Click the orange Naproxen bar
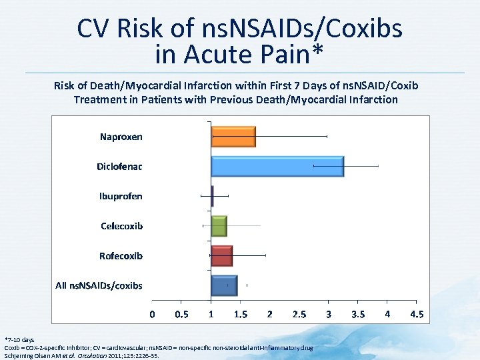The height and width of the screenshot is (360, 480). coord(233,136)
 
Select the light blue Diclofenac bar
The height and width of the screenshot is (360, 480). coord(277,166)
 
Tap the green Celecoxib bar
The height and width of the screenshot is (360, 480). coord(219,226)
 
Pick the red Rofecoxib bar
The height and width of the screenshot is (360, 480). coord(222,255)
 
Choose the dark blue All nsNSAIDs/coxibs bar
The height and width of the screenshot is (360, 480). coord(224,285)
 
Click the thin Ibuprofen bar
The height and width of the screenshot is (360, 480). coord(212,196)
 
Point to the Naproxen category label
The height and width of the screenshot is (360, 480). coord(121,137)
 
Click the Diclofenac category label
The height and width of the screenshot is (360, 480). coord(119,166)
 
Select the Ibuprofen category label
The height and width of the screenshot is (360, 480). coord(121,196)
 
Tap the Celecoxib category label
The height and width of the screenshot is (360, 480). coord(121,226)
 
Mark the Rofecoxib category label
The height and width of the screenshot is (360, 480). coord(121,256)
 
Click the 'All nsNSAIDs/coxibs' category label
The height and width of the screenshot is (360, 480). coord(99,285)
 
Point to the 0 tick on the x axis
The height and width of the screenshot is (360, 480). coord(153,315)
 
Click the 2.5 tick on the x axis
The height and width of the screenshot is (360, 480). coord(299,315)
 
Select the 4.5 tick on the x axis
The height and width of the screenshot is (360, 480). coord(417,315)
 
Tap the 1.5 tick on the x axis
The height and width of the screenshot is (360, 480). coord(241,315)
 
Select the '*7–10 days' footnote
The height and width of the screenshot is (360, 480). coord(19,340)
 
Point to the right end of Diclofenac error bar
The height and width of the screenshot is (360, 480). coord(378,166)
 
